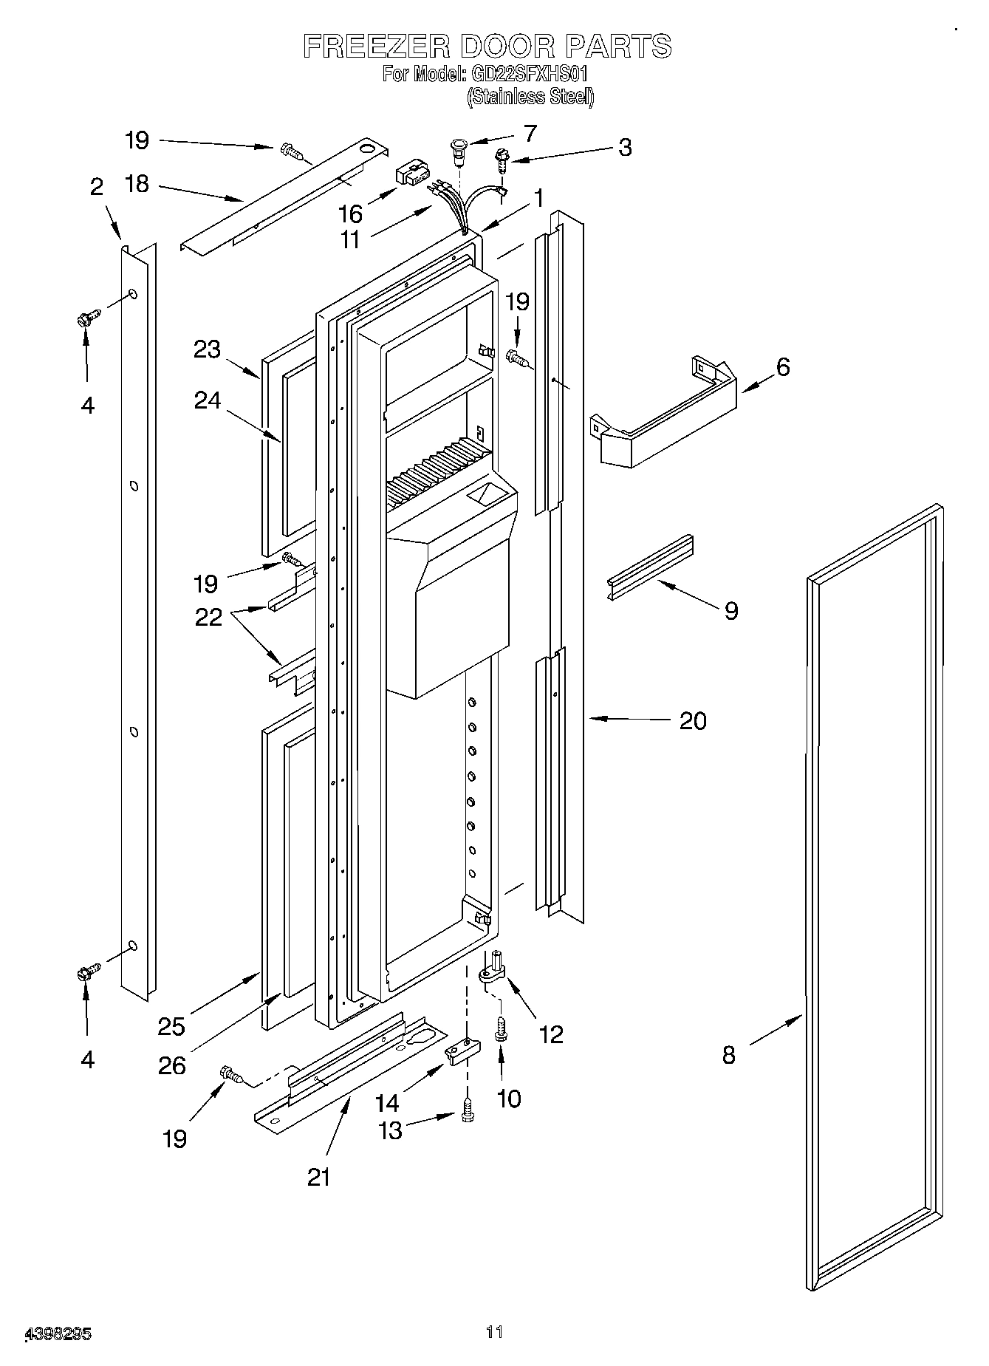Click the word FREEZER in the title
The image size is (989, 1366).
click(376, 47)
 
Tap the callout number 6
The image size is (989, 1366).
click(782, 366)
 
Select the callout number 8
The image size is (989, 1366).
click(728, 1055)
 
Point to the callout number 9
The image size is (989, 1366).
click(730, 610)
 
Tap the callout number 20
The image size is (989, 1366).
click(692, 720)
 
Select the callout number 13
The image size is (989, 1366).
click(390, 1130)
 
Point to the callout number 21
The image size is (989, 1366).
click(319, 1176)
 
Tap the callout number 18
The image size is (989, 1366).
click(137, 184)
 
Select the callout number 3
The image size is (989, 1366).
click(625, 147)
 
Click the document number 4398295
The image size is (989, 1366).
click(58, 1334)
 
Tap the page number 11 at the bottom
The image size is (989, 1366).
click(494, 1331)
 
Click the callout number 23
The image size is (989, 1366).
click(208, 349)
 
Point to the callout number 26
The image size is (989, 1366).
click(171, 1065)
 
